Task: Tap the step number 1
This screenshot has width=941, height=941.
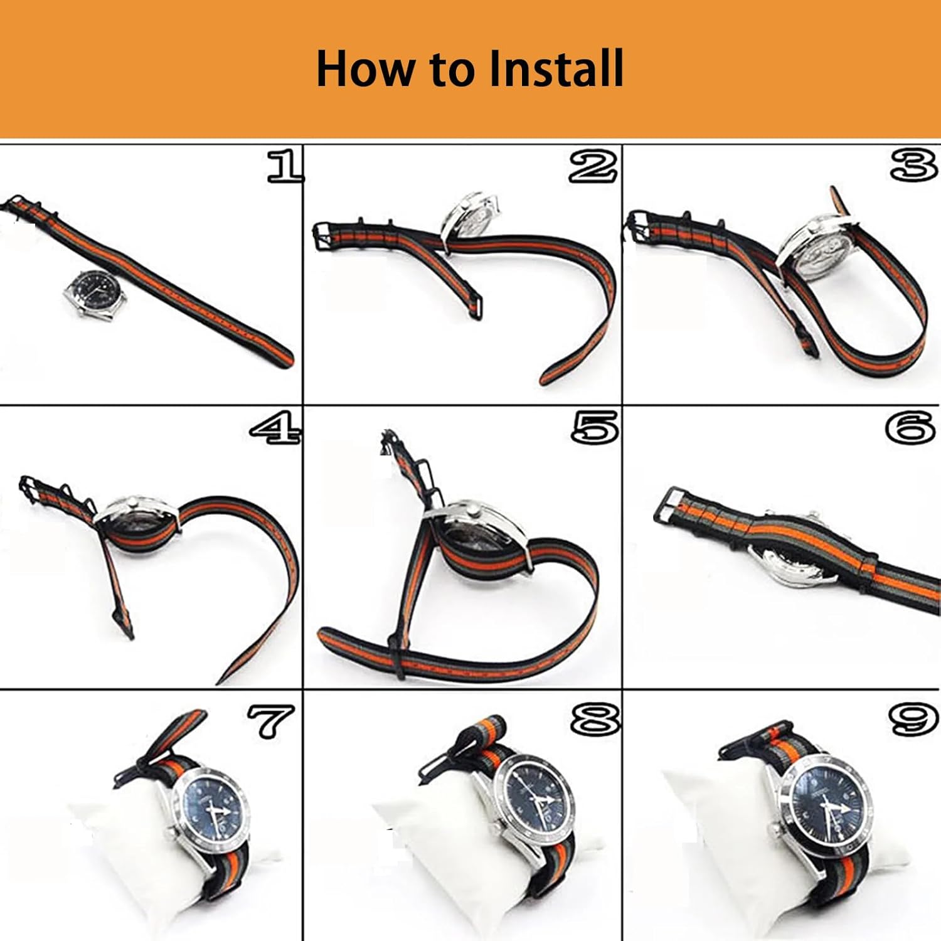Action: pos(285,166)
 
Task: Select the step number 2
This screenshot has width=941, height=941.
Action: pos(593,166)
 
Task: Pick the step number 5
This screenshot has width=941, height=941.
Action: pos(595,428)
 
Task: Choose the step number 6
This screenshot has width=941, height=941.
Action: pos(911,428)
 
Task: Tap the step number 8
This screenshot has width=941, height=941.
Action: pos(595,719)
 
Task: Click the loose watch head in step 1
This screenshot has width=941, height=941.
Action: pos(95,294)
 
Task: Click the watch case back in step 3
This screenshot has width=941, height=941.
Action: pos(816,254)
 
